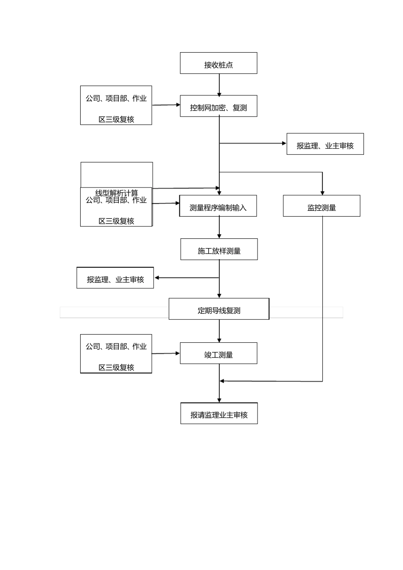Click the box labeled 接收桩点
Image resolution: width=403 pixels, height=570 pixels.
click(x=218, y=63)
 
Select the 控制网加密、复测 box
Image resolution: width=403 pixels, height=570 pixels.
click(x=218, y=106)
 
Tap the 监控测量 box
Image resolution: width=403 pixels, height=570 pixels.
click(x=322, y=206)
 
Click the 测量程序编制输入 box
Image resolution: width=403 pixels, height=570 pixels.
click(x=218, y=206)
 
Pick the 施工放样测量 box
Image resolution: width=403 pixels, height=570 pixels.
click(x=219, y=249)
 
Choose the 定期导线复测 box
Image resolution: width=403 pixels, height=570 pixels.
click(x=219, y=309)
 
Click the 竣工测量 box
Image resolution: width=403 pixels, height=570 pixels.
click(x=218, y=353)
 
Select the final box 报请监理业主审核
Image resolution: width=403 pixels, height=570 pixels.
click(x=219, y=414)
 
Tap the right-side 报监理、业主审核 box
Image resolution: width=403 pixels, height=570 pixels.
click(x=325, y=144)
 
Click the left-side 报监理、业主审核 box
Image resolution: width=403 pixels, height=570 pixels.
click(x=115, y=278)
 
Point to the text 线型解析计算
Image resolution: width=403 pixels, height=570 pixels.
click(x=117, y=193)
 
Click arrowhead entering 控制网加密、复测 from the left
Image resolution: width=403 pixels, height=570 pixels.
click(x=178, y=104)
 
